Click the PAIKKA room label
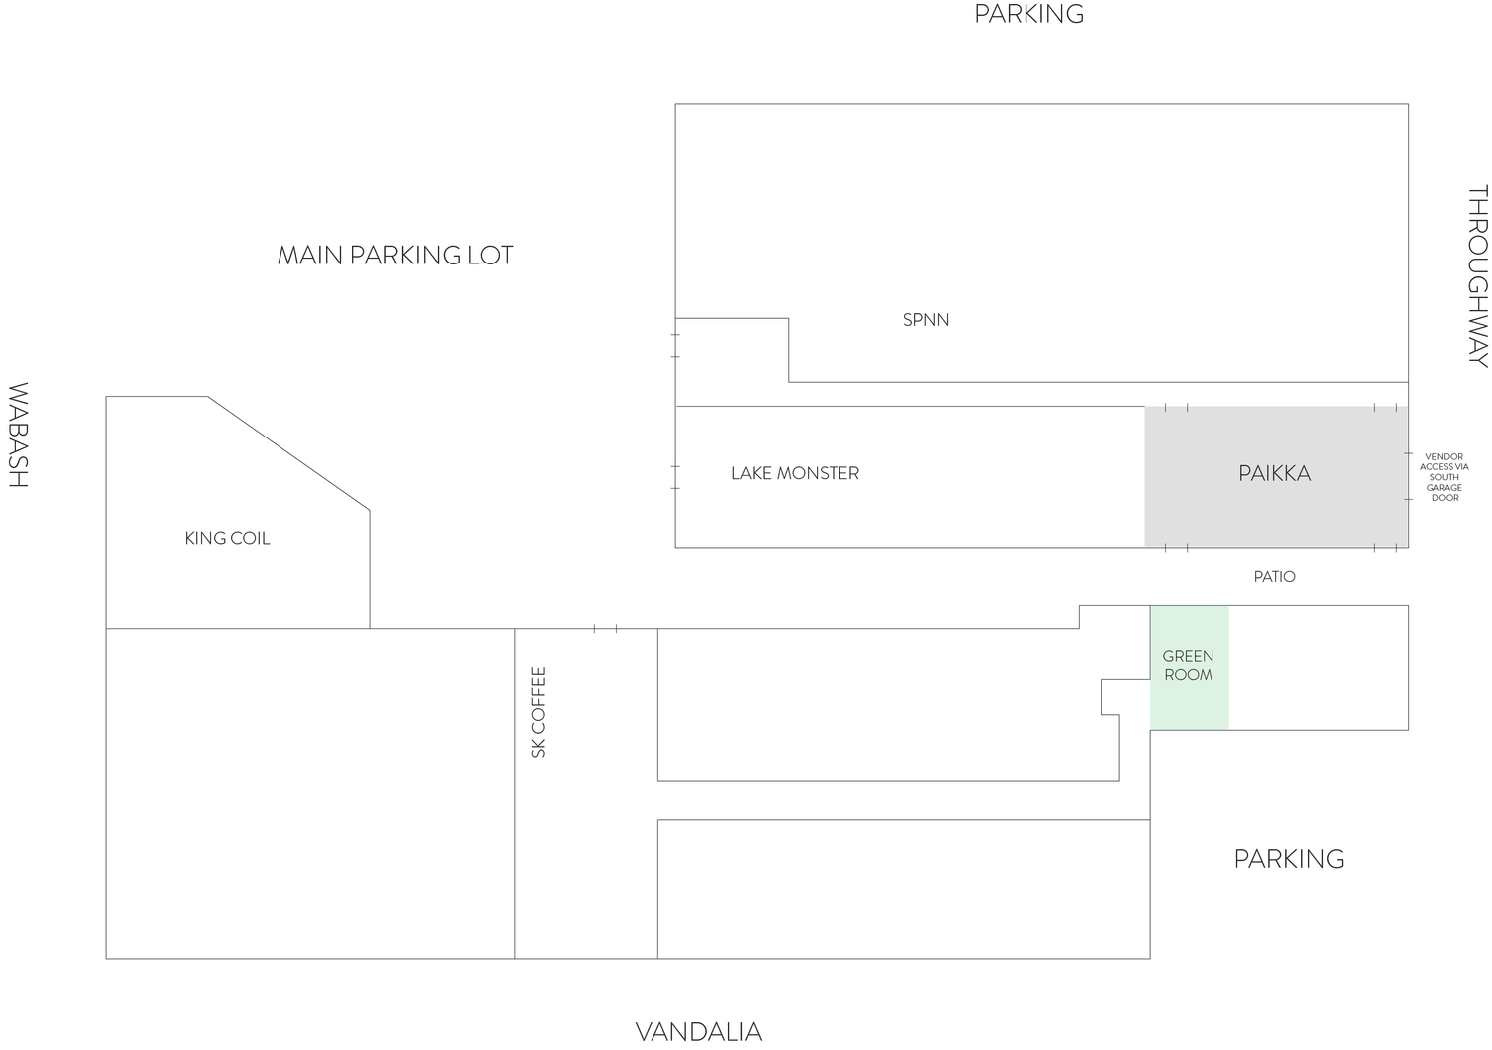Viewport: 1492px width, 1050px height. [x=1274, y=473]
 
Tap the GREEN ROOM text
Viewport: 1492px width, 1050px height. [x=1188, y=666]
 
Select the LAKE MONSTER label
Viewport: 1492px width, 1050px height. [x=796, y=473]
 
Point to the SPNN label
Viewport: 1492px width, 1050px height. [x=926, y=320]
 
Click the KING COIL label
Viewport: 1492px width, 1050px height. [x=227, y=538]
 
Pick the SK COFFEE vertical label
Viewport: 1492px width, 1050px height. [x=539, y=712]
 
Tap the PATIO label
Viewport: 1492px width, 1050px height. [x=1275, y=576]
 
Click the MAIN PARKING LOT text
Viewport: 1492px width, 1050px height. [x=395, y=255]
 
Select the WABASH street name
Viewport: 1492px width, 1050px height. [x=18, y=435]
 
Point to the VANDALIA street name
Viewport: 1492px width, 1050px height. [x=698, y=1033]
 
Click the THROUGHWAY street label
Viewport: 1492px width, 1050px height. [x=1477, y=275]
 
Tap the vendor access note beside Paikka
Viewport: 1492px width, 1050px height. [x=1444, y=477]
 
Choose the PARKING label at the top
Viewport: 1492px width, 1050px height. [x=1029, y=14]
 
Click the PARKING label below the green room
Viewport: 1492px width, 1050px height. [x=1289, y=859]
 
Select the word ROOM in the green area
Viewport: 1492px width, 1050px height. [x=1189, y=675]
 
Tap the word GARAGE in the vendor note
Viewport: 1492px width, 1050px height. [x=1444, y=488]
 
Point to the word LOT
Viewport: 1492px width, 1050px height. [x=490, y=255]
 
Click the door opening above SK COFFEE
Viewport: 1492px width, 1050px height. [x=605, y=628]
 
